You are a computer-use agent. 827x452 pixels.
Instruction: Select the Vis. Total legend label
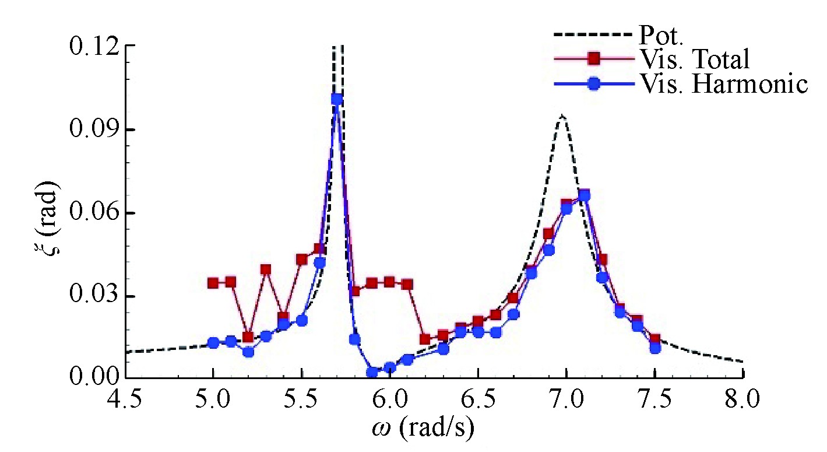(x=694, y=59)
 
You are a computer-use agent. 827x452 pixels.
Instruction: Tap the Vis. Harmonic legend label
(x=723, y=85)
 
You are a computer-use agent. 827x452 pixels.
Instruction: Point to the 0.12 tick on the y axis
(x=93, y=46)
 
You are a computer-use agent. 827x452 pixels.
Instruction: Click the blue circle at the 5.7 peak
(x=337, y=99)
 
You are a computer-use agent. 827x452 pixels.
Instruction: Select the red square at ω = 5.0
(x=213, y=283)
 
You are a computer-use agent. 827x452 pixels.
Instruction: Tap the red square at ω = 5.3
(x=266, y=269)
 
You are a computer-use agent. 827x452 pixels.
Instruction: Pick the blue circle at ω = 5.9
(x=372, y=372)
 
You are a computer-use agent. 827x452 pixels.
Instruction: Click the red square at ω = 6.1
(x=407, y=285)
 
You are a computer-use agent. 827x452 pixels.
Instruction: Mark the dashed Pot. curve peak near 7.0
(x=562, y=115)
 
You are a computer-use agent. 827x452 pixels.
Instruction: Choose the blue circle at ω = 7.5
(x=655, y=348)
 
